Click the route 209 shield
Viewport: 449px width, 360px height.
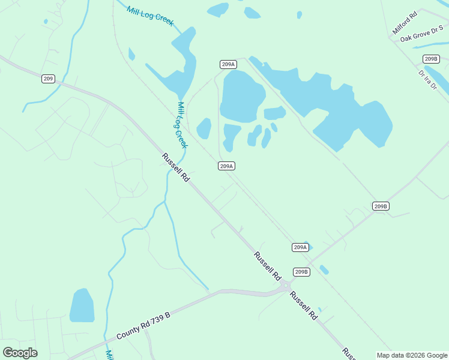click(49, 79)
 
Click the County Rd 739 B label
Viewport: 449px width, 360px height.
click(143, 325)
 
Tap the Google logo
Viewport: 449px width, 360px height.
click(20, 353)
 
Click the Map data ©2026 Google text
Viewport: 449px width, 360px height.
click(412, 355)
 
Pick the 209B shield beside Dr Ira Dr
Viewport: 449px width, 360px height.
click(430, 59)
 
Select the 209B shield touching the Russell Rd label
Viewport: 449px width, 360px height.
click(301, 272)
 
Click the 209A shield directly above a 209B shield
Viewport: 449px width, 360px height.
click(301, 247)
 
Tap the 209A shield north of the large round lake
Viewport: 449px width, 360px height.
click(228, 64)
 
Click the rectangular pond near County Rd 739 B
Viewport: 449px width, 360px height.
click(82, 305)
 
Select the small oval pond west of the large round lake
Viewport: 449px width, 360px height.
click(204, 128)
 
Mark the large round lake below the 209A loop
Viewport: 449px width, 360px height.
click(242, 95)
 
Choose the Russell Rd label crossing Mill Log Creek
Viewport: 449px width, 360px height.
click(176, 167)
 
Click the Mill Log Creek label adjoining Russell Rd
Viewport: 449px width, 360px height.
click(182, 125)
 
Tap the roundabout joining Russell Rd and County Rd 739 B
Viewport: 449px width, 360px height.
click(285, 287)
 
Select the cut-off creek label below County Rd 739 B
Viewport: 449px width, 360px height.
click(109, 355)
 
